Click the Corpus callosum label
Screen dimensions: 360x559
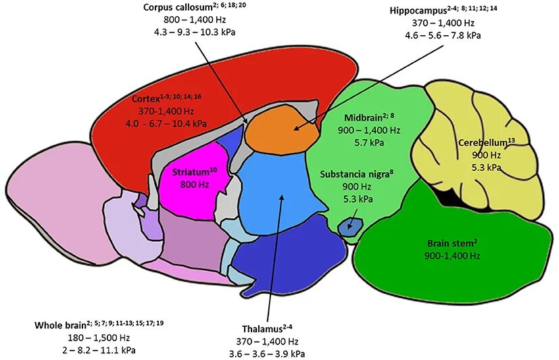tap(176, 7)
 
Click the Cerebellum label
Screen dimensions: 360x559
tap(482, 143)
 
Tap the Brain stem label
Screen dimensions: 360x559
tap(449, 243)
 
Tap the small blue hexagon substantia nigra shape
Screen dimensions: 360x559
tap(349, 225)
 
